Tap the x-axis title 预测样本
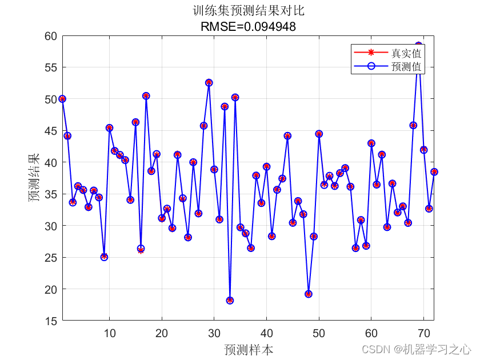point(248,349)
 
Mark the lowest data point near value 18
point(230,301)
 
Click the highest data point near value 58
point(418,45)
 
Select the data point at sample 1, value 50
point(62,99)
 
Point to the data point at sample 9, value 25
point(104,257)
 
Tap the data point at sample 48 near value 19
point(309,294)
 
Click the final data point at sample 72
point(434,171)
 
